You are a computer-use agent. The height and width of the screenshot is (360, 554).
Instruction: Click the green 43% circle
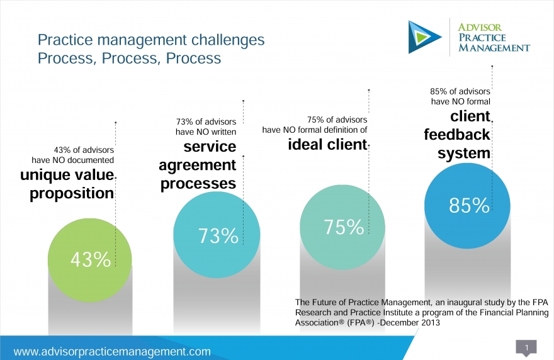pos(90,260)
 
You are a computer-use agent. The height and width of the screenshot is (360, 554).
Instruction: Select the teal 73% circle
pos(217,235)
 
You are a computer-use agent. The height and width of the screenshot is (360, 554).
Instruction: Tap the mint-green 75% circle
pos(342,227)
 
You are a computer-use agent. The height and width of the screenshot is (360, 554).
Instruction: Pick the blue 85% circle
pos(467,206)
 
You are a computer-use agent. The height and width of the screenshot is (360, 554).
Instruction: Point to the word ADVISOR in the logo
pos(480,28)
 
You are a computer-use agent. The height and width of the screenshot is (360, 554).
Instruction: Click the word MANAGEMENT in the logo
pos(494,48)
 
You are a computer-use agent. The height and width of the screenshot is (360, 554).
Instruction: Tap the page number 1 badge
pos(526,348)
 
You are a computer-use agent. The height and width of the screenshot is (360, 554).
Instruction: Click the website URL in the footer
pos(112,352)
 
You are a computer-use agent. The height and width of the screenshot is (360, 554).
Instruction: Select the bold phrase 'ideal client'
pos(327,145)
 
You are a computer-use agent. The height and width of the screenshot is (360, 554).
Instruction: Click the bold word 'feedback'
pos(457,135)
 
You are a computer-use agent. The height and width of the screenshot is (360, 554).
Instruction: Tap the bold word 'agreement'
pos(197,166)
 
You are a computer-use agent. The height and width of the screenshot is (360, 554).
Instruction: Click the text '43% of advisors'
pos(84,150)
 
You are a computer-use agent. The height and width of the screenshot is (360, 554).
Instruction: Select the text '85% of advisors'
pos(460,91)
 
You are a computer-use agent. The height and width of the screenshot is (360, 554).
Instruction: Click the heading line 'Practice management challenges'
pos(151,40)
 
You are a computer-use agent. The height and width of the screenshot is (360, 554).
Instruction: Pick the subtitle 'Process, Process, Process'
pos(129,59)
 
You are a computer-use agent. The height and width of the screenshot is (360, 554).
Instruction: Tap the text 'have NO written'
pos(206,132)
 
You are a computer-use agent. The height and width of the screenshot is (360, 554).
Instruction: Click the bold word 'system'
pos(464,154)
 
